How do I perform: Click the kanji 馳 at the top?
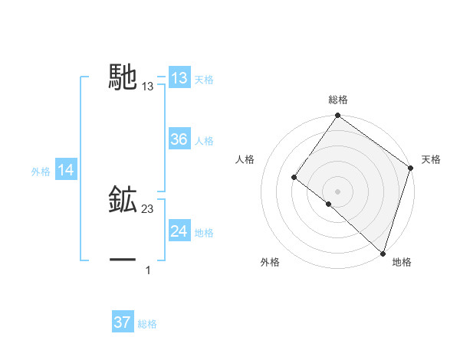pos(123,77)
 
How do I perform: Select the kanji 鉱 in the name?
pos(123,200)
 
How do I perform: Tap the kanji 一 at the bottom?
pos(123,260)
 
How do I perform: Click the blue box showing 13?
pos(179,78)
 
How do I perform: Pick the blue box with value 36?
pos(179,139)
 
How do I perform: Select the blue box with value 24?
pos(179,231)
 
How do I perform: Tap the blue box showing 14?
pos(66,171)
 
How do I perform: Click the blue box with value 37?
pos(122,322)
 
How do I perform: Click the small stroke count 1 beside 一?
pos(148,270)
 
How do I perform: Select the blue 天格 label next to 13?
pos(204,80)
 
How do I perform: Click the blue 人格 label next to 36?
pos(204,141)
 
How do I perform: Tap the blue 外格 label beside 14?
pos(41,172)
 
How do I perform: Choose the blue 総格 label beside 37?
pos(147,324)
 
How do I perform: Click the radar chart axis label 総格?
pos(338,100)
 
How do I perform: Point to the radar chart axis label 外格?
pos(270,262)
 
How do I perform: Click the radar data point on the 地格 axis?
pos(383,253)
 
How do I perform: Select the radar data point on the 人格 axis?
pos(294,177)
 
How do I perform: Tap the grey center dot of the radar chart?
pos(337,191)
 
